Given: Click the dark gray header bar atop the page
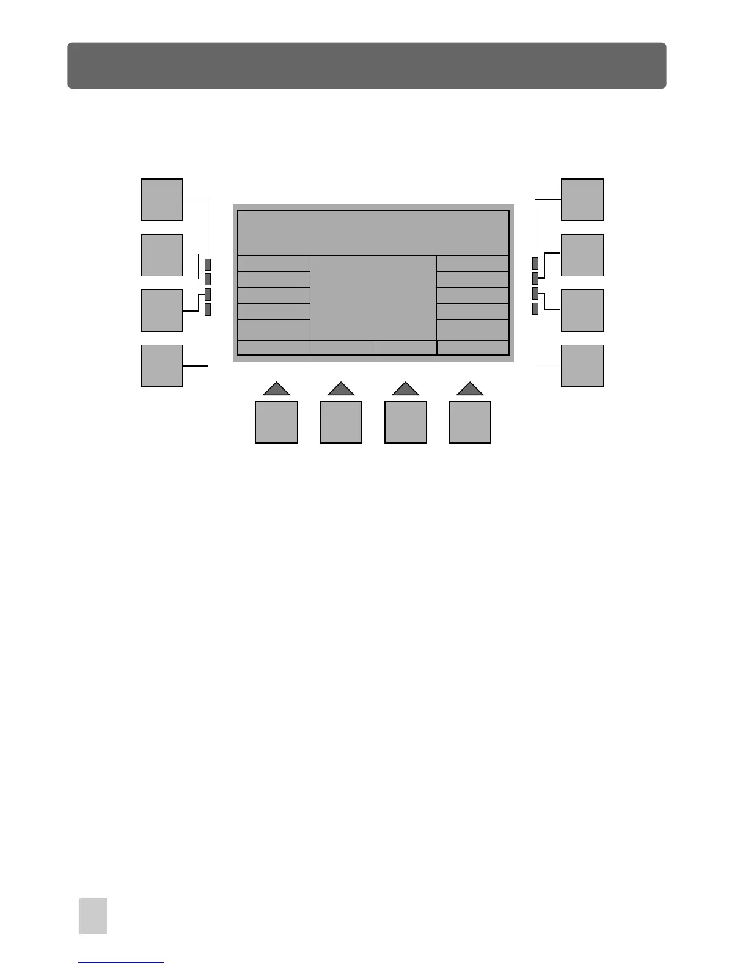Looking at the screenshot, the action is (x=367, y=65).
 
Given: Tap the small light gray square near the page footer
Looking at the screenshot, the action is (x=93, y=915).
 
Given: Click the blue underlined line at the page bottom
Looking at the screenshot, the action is (x=121, y=963).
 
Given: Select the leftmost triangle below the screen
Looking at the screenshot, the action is (x=276, y=389).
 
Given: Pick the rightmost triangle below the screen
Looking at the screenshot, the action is (x=470, y=389).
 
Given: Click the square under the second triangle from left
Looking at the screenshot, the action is (x=341, y=422).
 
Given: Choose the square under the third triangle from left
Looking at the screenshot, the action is (x=405, y=422).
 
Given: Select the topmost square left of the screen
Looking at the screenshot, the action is (x=162, y=200).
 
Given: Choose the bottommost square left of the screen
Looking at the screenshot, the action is (x=162, y=365).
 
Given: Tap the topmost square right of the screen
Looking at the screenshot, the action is (x=582, y=200).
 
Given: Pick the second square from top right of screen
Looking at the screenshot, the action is (x=582, y=255).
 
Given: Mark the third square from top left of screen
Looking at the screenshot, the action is (x=162, y=310).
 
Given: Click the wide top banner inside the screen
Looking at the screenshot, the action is (x=373, y=233).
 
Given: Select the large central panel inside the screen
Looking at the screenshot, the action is (x=373, y=298).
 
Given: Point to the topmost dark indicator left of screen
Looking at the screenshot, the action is (x=208, y=264).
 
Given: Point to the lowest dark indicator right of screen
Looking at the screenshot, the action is (x=535, y=309).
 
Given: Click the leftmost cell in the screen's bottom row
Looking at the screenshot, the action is (x=274, y=348).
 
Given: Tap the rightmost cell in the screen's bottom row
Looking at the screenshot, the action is (x=473, y=348).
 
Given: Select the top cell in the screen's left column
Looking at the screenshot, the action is (x=274, y=263).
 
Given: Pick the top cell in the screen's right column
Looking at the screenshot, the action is (x=473, y=263).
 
